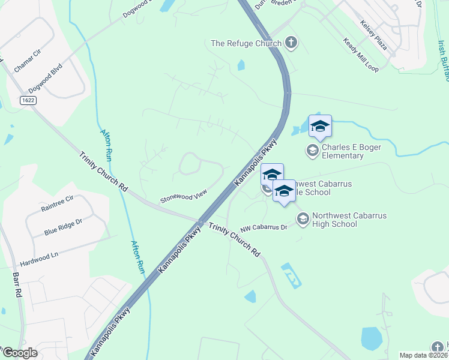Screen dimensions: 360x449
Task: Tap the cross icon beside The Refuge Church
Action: click(x=291, y=42)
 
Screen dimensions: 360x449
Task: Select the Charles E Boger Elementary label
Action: click(x=343, y=151)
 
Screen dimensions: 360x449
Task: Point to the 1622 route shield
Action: click(x=28, y=100)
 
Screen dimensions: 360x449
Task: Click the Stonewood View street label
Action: click(x=183, y=196)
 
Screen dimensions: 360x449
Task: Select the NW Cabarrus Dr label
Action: click(x=264, y=228)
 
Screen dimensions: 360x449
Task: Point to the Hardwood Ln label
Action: click(x=39, y=255)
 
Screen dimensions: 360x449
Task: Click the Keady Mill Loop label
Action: click(x=360, y=55)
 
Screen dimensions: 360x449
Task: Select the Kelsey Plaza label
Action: click(x=373, y=35)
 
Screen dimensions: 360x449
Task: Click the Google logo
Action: click(x=20, y=353)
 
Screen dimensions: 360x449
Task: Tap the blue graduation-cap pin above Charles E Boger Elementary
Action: click(x=320, y=126)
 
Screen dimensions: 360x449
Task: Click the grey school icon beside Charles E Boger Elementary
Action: click(x=312, y=150)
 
